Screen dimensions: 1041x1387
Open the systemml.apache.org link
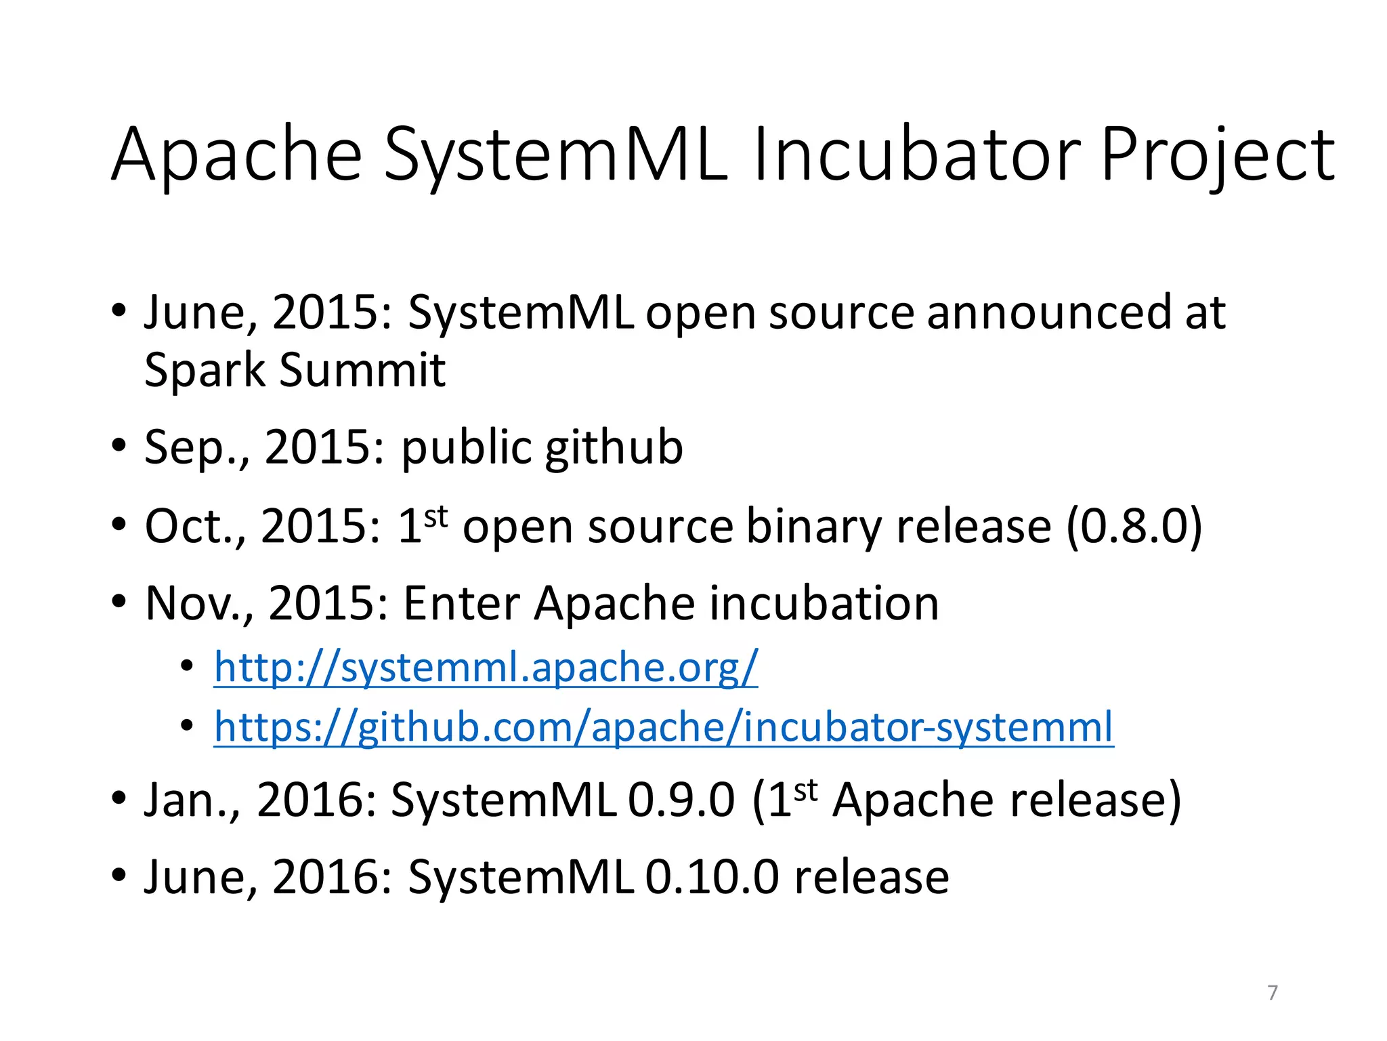pos(486,668)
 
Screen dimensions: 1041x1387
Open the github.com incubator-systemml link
pos(663,727)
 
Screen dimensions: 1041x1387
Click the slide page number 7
pos(1273,992)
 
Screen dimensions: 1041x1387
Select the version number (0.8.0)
pos(1134,527)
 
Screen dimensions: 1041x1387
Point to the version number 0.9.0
pos(681,800)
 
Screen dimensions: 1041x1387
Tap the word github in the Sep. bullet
pos(614,449)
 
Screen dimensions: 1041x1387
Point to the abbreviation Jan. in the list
pos(192,800)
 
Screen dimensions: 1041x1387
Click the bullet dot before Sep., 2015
pos(119,447)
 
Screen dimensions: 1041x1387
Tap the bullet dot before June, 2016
pos(119,876)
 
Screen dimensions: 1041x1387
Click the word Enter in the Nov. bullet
pos(462,603)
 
